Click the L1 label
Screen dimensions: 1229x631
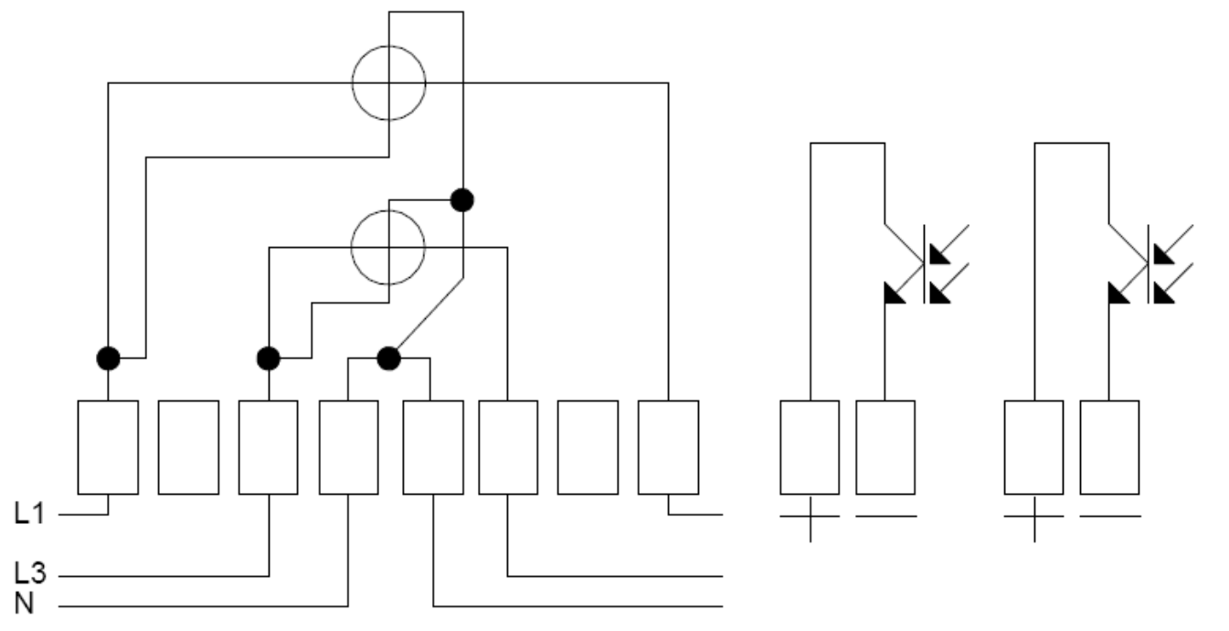coord(29,514)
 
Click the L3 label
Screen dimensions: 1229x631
coord(30,572)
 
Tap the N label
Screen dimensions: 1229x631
coord(24,604)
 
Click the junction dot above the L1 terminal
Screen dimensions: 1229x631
coord(108,358)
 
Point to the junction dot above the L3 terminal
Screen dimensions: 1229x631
coord(269,358)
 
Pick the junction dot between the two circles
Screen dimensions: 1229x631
coord(462,200)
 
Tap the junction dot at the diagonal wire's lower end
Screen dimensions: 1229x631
coord(389,358)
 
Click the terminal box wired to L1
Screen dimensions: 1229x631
coord(108,447)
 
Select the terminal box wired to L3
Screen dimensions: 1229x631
coord(269,447)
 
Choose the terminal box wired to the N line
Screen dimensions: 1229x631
coord(348,447)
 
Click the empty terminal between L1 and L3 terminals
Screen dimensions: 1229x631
coord(189,447)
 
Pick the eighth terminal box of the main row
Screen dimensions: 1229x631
coord(668,447)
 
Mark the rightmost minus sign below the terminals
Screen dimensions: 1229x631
coord(1110,516)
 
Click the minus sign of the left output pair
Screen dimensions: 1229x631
coord(886,516)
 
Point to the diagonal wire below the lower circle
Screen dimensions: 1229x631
coord(429,313)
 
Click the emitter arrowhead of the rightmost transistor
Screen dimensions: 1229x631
coord(1118,294)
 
